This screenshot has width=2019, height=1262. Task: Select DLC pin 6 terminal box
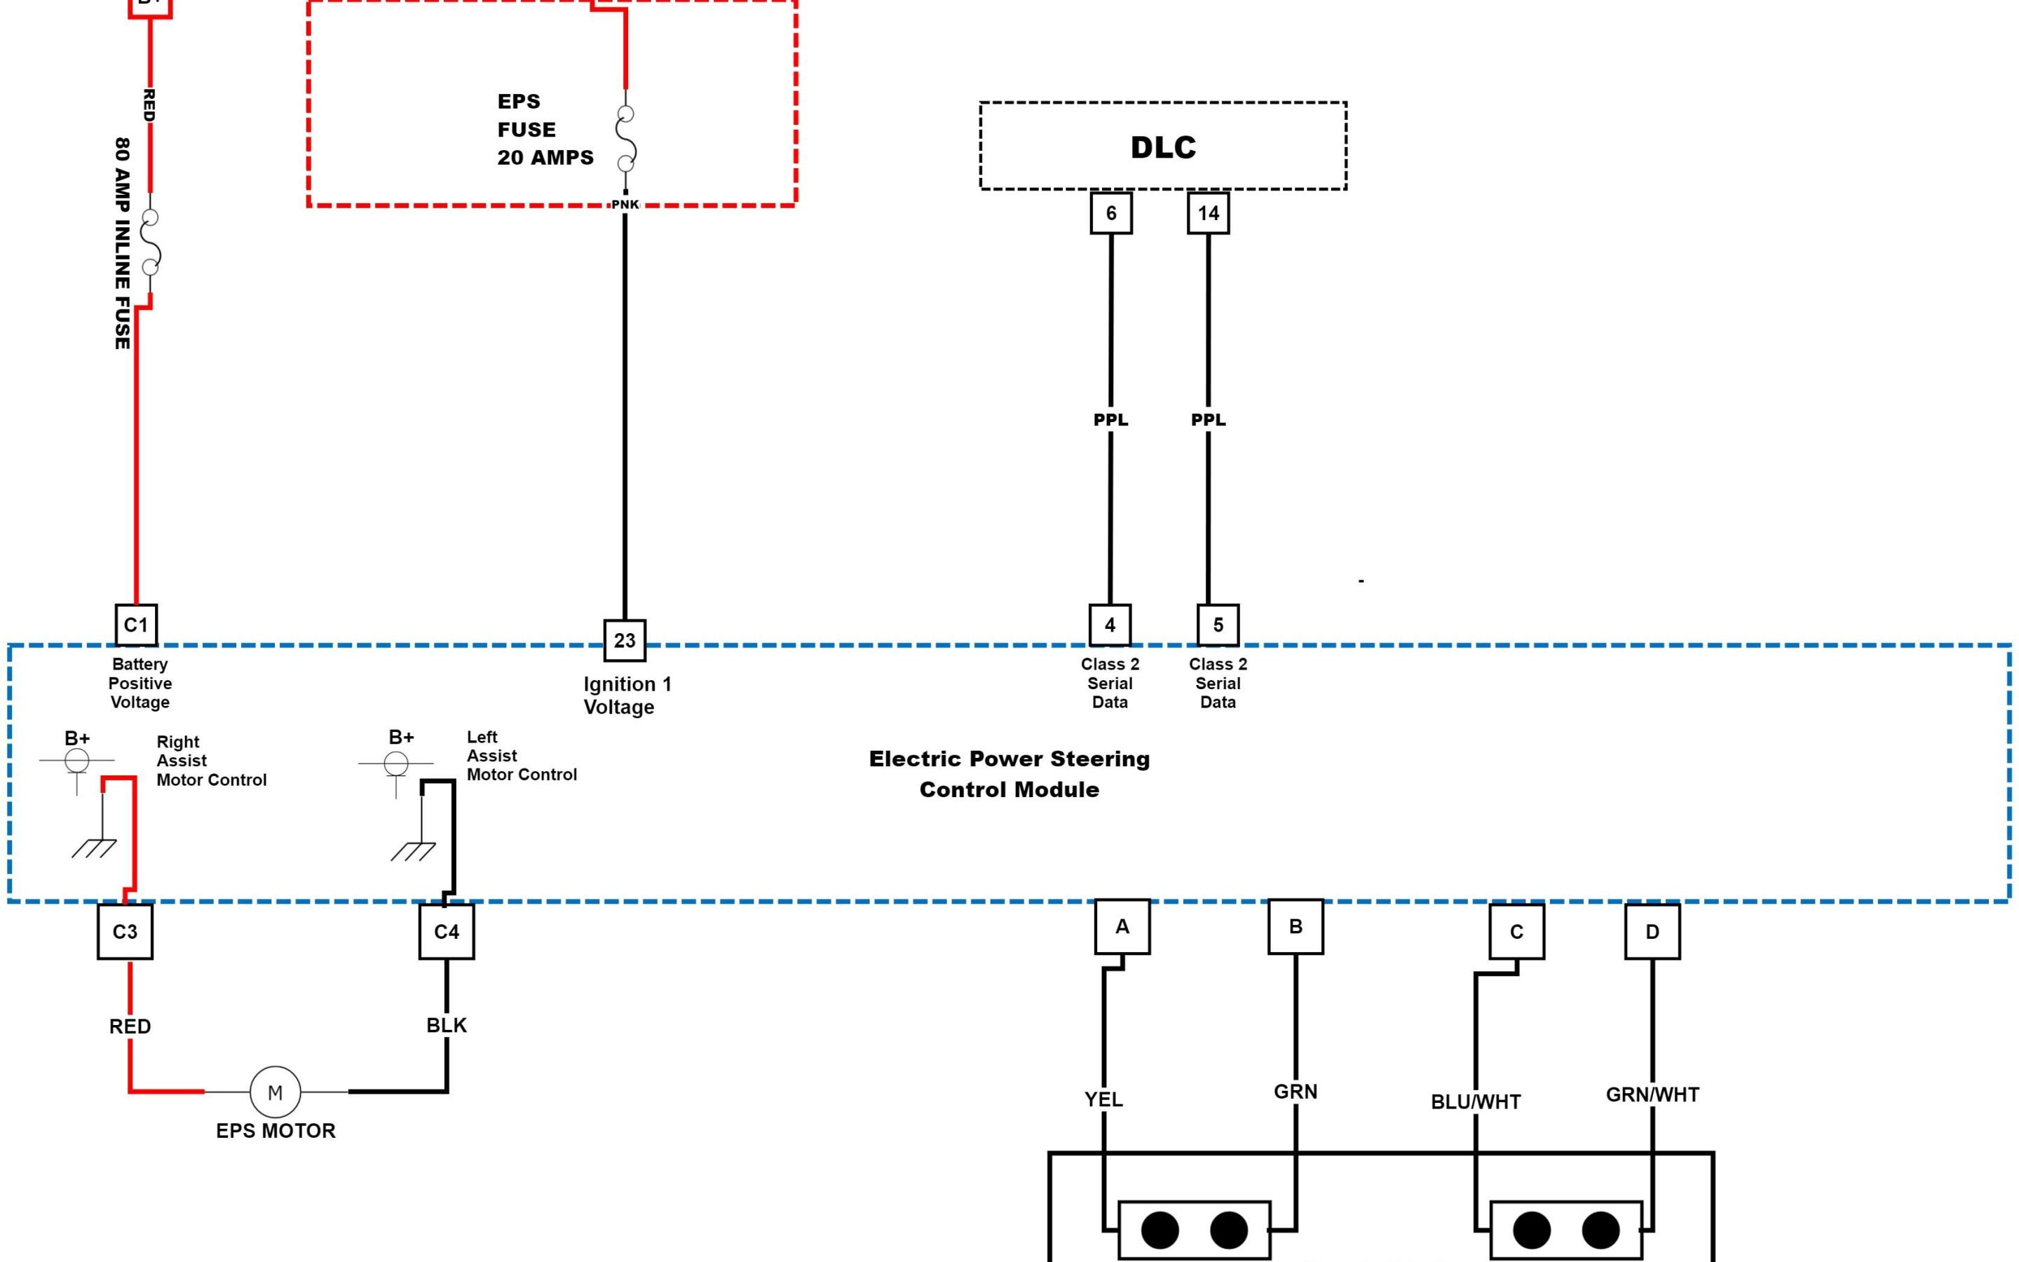tap(1110, 213)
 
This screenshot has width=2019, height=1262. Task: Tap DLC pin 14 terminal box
tap(1208, 213)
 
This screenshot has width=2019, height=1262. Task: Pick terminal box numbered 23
tap(624, 640)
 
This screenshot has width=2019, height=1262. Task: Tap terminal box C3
tap(125, 932)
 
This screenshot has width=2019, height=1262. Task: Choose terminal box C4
tap(447, 932)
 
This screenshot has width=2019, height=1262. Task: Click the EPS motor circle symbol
tap(275, 1092)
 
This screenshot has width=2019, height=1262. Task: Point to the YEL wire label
tap(1103, 1099)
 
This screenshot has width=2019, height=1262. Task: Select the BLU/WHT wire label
tap(1475, 1101)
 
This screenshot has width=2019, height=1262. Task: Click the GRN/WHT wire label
tap(1652, 1094)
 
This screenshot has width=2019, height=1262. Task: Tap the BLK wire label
tap(447, 1025)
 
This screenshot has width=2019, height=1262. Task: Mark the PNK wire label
tap(625, 205)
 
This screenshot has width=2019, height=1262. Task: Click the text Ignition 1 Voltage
tap(627, 696)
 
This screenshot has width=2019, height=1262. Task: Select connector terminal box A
tap(1122, 926)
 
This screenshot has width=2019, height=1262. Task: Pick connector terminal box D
tap(1652, 932)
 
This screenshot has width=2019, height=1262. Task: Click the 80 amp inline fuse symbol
tap(151, 242)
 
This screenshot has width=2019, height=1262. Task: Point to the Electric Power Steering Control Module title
tap(1009, 774)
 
